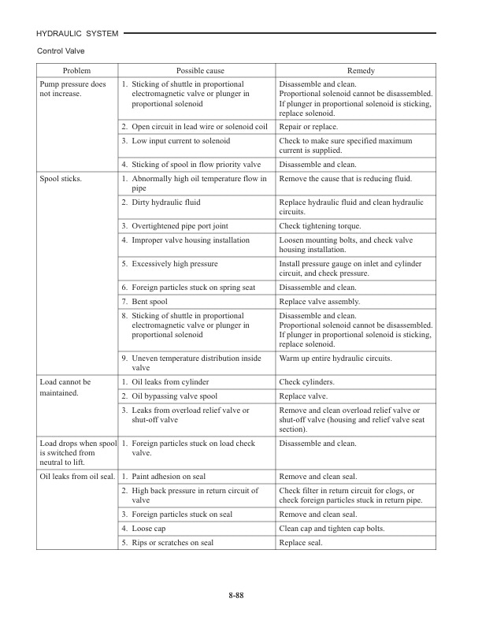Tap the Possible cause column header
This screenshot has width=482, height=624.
[x=197, y=70]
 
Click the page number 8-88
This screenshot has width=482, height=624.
[x=241, y=593]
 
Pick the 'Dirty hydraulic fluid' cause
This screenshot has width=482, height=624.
[x=166, y=202]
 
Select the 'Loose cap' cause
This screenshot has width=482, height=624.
[x=149, y=528]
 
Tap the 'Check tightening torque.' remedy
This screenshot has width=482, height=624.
[x=317, y=226]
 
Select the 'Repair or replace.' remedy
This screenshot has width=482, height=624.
[x=309, y=127]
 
